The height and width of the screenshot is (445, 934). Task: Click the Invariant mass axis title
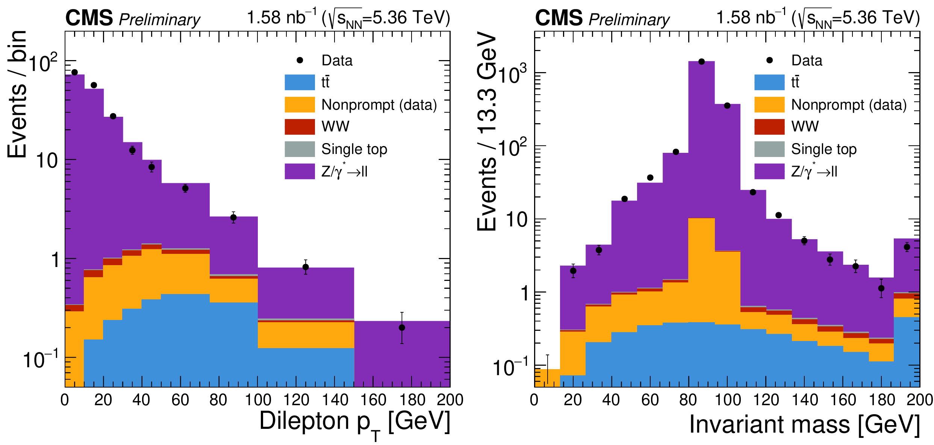(804, 424)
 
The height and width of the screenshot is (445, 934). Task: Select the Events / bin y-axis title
(17, 94)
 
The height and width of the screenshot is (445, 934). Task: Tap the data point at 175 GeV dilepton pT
(402, 327)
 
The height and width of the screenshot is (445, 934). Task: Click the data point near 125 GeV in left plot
(306, 267)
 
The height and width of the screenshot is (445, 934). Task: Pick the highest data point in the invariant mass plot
(701, 62)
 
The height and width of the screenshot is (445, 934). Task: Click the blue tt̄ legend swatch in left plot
(300, 82)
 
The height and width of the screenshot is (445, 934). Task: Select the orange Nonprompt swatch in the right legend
(769, 104)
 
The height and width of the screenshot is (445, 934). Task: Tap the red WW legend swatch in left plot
(300, 127)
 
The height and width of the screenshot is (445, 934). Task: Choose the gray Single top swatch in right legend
(769, 149)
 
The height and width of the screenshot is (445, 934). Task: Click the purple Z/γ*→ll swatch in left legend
(300, 171)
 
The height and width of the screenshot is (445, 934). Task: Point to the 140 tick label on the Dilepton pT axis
(335, 400)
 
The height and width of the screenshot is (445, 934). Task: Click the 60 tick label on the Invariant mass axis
(650, 400)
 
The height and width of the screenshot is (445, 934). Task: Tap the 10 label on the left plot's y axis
(47, 161)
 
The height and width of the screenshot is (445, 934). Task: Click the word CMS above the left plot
(89, 18)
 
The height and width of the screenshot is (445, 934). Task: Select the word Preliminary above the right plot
(629, 20)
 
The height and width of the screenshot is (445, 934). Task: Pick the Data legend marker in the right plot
(769, 60)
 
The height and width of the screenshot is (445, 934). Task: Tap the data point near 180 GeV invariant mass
(881, 288)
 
